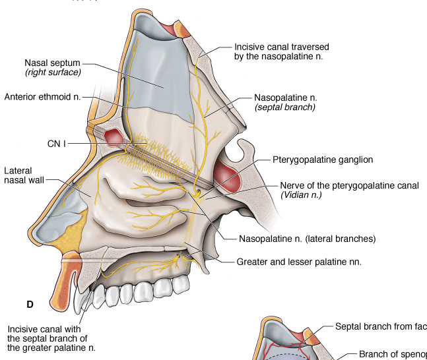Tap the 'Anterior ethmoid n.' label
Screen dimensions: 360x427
[42, 97]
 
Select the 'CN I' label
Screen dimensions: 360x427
[55, 143]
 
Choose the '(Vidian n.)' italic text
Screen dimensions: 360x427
[301, 195]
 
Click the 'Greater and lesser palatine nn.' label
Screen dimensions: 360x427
[299, 262]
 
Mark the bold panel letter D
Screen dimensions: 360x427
[30, 304]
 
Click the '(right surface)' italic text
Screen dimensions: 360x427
[53, 71]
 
